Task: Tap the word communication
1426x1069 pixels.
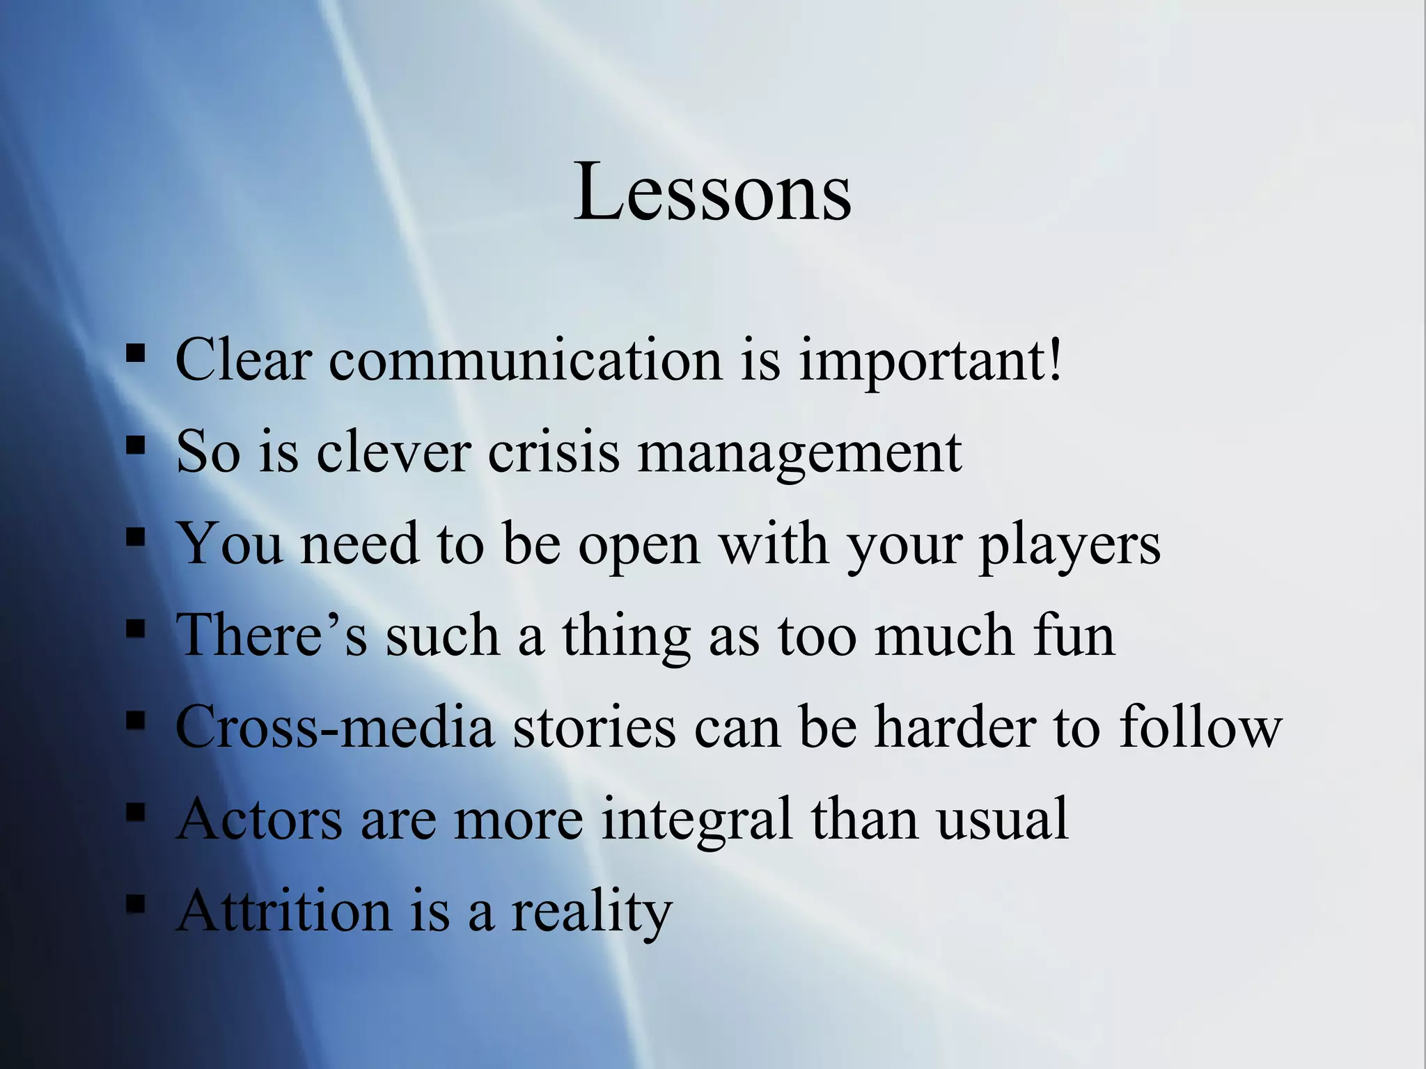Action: pos(526,361)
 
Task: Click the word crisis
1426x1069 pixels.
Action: pos(553,452)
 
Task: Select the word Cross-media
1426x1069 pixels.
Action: pos(335,727)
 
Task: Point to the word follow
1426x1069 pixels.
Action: pos(1200,727)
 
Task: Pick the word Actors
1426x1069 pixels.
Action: pos(260,818)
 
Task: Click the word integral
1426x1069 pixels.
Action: pos(697,820)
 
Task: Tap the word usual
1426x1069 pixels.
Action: pos(1002,818)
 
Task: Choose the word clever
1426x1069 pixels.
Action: pos(393,452)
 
